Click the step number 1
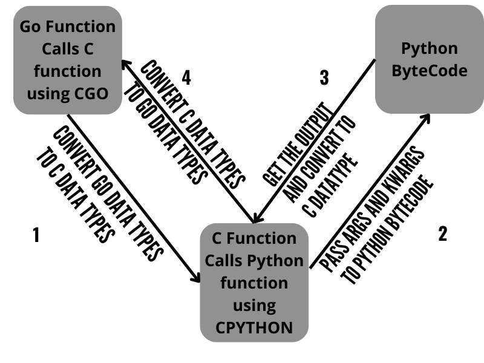tap(36, 235)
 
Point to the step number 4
tap(186, 77)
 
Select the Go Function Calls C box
tap(67, 60)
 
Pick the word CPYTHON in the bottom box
tap(254, 327)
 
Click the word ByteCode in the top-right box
tap(430, 70)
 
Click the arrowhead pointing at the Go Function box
tap(125, 64)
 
